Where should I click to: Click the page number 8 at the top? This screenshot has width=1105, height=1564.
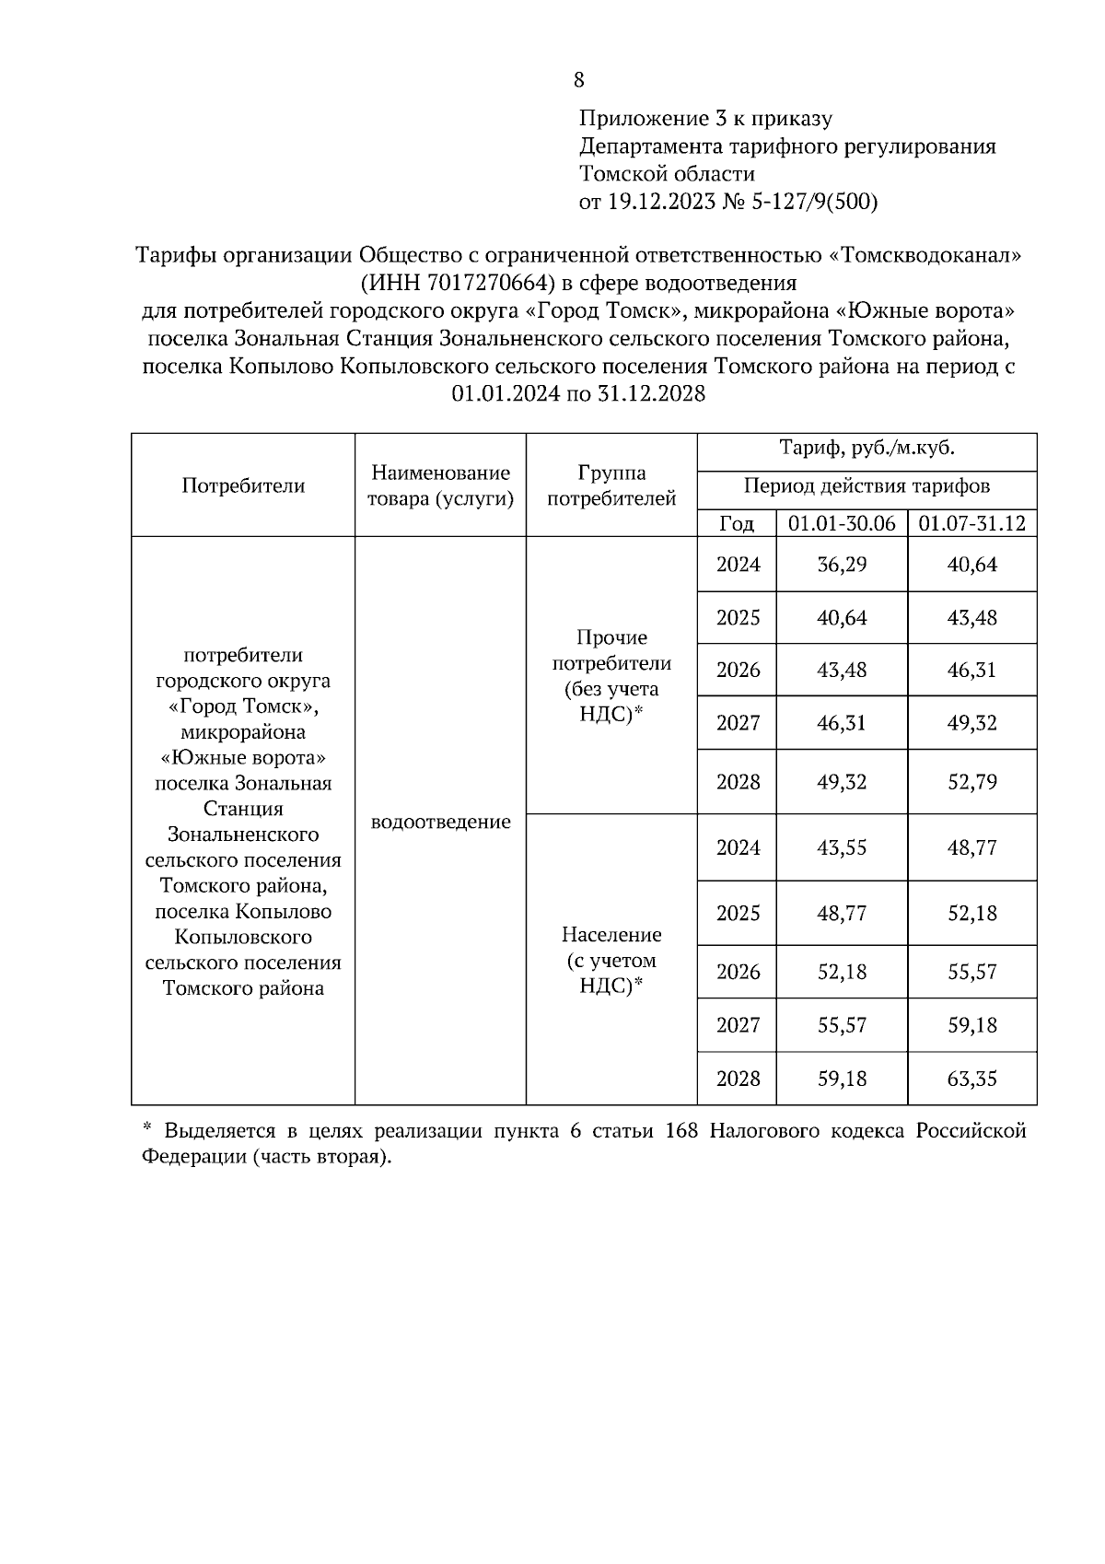coord(578,80)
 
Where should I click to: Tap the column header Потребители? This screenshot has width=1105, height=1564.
coord(243,485)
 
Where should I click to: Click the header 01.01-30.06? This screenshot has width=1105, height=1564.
coord(842,523)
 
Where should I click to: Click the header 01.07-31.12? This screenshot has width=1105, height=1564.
coord(971,523)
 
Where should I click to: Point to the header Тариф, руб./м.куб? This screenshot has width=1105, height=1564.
coord(867,449)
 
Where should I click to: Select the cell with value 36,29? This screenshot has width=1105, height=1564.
coord(842,564)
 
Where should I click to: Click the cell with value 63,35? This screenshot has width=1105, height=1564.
coord(971,1078)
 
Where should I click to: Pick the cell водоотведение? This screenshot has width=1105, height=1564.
coord(440,822)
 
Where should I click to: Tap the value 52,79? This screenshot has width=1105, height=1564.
coord(971,782)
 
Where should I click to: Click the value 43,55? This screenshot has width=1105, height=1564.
coord(842,847)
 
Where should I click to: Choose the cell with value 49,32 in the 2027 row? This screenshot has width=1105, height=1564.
coord(971,722)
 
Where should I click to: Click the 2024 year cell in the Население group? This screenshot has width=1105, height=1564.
coord(738,847)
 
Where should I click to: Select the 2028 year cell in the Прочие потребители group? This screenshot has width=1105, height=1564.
coord(738,782)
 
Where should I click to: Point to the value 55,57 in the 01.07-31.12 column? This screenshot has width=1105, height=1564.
coord(971,972)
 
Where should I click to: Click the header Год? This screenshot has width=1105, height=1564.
coord(737,523)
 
